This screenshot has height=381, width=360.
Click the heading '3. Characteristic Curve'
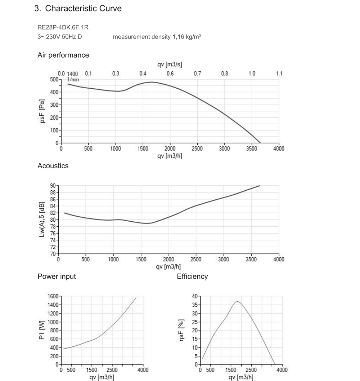78,9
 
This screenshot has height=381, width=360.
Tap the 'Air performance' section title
63,55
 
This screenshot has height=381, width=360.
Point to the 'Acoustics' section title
53,166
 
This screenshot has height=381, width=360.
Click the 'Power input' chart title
57,276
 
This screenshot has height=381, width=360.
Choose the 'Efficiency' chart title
192,276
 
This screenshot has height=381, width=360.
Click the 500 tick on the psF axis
54,79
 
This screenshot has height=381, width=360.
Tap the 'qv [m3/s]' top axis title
170,65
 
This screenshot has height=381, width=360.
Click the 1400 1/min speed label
72,74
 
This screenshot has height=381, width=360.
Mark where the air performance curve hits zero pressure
260,143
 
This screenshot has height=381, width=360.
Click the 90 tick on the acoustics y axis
53,186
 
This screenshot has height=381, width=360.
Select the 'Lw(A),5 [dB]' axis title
42,220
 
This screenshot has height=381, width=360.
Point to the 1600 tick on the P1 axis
53,296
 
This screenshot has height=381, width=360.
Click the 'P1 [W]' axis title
42,331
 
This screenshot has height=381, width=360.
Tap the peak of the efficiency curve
237,302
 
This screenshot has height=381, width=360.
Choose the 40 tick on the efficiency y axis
194,296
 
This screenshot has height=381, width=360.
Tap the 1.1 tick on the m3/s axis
279,74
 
